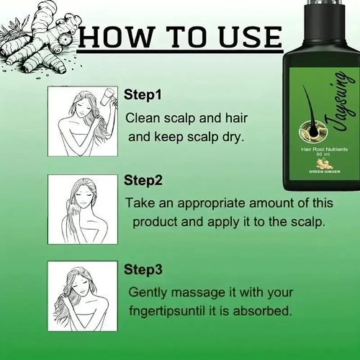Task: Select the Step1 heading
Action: (143, 94)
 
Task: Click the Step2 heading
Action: (143, 181)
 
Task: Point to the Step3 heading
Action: (143, 269)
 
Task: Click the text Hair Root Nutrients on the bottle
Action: (324, 149)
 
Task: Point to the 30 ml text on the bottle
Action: (320, 154)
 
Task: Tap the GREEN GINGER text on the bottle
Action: (325, 171)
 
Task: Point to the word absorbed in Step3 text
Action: (262, 311)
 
